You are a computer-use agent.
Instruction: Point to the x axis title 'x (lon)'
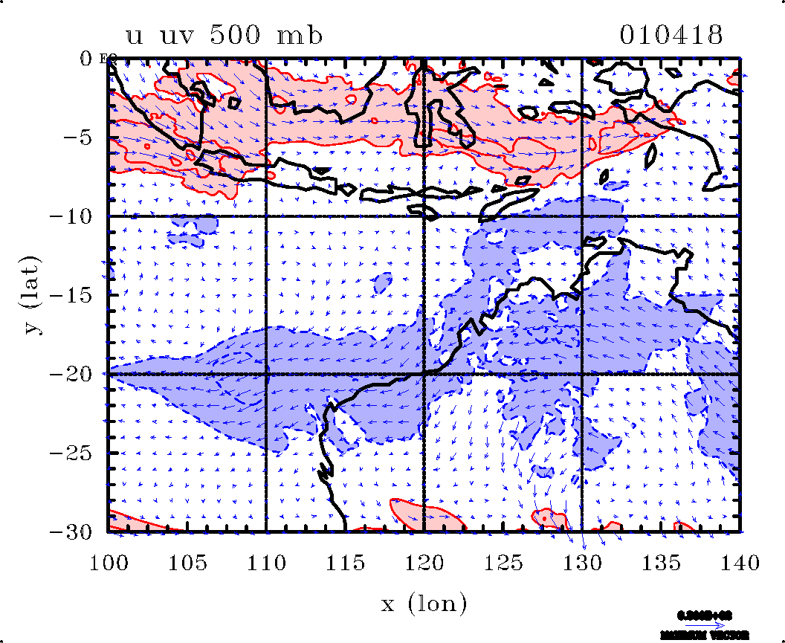coord(424,603)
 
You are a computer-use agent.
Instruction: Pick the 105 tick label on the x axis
coord(187,562)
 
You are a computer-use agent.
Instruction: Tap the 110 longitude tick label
coord(266,562)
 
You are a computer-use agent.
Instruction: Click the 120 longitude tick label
coord(424,562)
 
